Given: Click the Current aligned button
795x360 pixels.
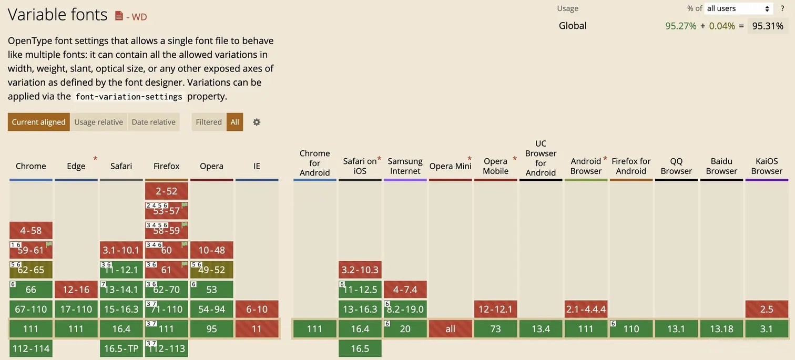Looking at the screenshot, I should click(38, 122).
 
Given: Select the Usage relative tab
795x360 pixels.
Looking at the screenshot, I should click(98, 122).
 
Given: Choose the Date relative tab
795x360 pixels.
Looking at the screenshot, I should click(154, 122).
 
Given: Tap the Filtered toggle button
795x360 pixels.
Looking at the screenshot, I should click(209, 122).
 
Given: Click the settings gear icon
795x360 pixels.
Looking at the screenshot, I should click(257, 122).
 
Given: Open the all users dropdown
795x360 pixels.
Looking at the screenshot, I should click(738, 8).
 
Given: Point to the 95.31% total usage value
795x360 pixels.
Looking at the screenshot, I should click(768, 26).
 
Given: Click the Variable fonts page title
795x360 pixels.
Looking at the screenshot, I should click(57, 15).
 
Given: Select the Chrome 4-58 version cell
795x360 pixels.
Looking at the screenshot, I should click(31, 230).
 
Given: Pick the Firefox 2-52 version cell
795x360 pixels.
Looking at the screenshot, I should click(167, 191).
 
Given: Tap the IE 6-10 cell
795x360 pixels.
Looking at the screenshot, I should click(257, 309).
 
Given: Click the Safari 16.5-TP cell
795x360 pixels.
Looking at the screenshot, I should click(121, 348).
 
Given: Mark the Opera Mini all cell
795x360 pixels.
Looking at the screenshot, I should click(451, 329).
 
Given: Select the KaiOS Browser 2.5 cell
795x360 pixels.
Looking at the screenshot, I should click(767, 309).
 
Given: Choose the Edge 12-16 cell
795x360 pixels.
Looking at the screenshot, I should click(76, 290).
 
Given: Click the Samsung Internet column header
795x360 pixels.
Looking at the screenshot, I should click(405, 166).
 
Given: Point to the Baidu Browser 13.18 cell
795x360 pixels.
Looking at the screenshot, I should click(721, 329).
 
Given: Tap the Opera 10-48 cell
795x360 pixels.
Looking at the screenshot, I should click(212, 250).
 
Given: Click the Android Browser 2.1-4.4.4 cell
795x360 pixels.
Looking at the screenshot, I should click(586, 309).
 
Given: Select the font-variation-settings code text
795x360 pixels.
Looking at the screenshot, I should click(129, 97).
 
